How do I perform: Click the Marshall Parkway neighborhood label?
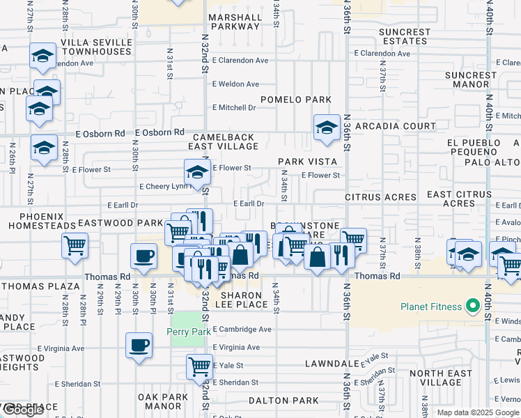click(x=234, y=21)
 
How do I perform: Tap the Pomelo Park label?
click(x=302, y=100)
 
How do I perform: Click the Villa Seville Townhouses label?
click(x=96, y=47)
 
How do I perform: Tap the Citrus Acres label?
click(x=380, y=197)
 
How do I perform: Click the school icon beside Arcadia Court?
click(x=327, y=127)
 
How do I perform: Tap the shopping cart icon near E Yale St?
click(x=199, y=366)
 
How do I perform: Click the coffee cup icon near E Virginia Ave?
click(x=139, y=346)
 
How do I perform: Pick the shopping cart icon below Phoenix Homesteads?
click(x=75, y=245)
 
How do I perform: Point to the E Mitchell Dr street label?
click(x=234, y=108)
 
